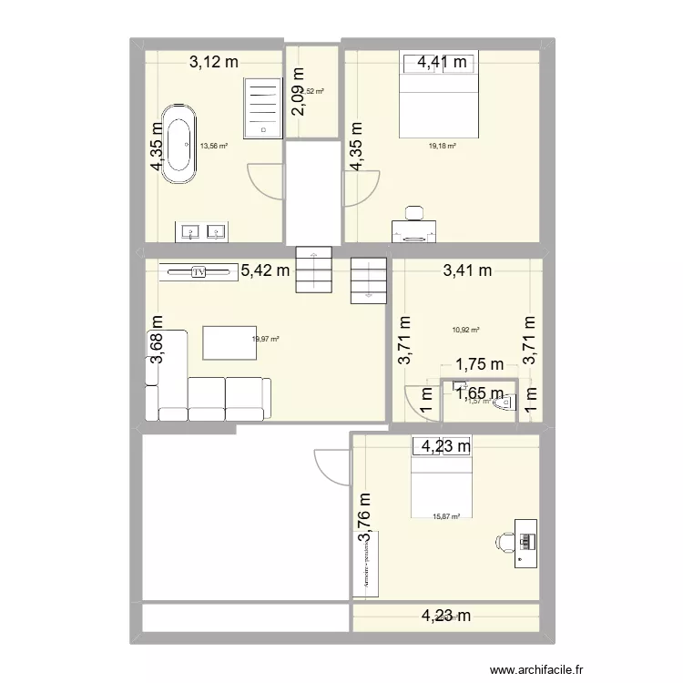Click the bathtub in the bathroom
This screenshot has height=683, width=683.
click(178, 144)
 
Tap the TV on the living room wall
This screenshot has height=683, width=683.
click(199, 271)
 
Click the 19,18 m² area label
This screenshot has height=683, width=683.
click(443, 145)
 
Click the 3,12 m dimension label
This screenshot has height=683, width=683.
click(214, 62)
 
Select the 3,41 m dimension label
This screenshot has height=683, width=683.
click(467, 270)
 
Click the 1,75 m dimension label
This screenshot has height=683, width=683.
click(480, 364)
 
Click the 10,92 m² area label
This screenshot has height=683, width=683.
click(465, 331)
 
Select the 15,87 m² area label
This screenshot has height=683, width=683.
click(446, 516)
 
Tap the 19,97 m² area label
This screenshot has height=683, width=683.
click(265, 339)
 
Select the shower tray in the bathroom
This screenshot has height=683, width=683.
click(263, 107)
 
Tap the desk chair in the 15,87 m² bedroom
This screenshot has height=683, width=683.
click(503, 542)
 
